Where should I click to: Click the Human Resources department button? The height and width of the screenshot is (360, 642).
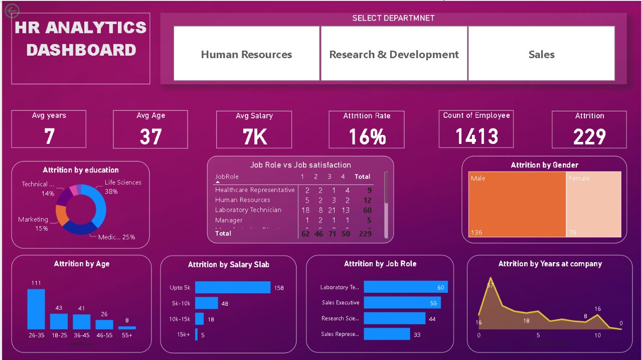coord(246,54)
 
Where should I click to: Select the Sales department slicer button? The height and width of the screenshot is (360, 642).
coord(541,54)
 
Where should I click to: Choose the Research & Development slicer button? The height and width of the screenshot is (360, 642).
coord(394,54)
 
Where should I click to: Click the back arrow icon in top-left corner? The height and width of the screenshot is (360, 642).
coord(12,11)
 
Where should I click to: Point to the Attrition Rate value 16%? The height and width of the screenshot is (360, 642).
coord(367,137)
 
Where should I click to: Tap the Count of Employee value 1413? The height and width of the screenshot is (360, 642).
coord(476,136)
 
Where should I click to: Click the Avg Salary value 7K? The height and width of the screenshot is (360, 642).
coord(254,137)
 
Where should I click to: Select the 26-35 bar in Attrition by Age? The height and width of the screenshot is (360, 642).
coord(36,309)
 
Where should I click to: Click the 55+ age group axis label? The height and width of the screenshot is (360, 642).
coord(127,335)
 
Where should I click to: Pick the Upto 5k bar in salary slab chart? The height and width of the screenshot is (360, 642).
coord(232,287)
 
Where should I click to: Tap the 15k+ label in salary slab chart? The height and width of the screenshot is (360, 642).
coord(183,334)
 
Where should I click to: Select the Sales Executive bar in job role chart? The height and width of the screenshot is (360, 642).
coord(402,303)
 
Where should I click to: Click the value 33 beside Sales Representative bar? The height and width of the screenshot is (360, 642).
coord(417,334)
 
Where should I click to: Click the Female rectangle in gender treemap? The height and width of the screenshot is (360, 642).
coord(593,204)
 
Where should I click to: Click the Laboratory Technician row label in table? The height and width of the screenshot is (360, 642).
coord(248,210)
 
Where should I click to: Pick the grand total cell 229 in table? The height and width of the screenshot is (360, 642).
coord(365,234)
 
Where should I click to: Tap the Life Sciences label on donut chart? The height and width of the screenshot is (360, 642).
coord(123,183)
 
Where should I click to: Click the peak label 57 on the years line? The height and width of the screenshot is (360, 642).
coord(491,285)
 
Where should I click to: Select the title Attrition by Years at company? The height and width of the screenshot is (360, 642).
coord(550,264)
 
